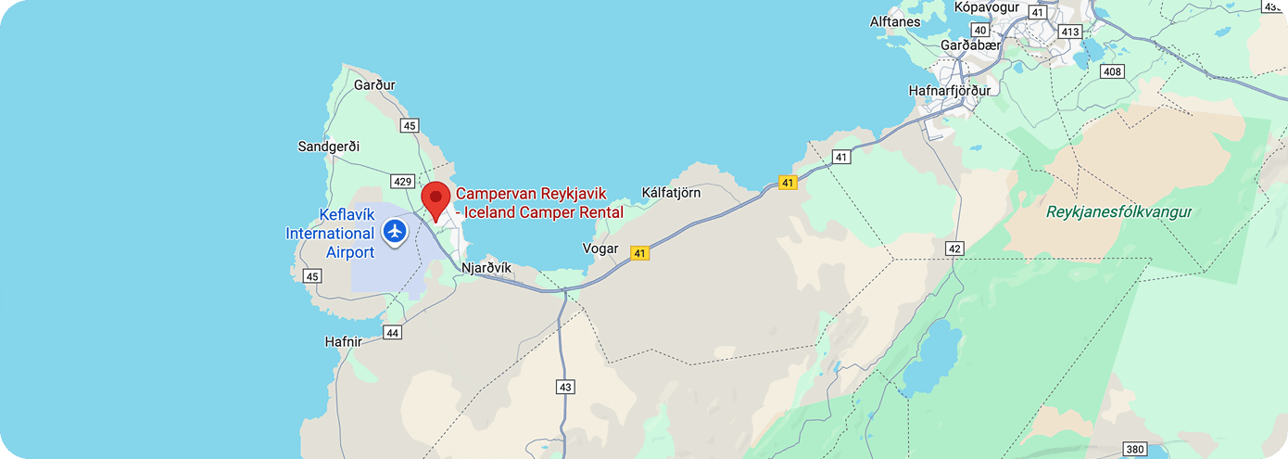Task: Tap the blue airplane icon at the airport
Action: (396, 230)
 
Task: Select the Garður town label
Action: (374, 85)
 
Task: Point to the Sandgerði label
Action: (328, 147)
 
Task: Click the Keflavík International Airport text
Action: (330, 233)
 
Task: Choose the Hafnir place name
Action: (343, 341)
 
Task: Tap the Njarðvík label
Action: (486, 268)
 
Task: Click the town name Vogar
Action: (600, 249)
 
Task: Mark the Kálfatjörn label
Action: (671, 193)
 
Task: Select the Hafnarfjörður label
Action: (950, 91)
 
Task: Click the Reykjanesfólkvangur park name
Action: (1118, 212)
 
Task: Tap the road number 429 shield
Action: (402, 183)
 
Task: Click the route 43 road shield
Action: (564, 387)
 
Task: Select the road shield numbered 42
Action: (954, 249)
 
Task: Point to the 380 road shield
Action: (1135, 450)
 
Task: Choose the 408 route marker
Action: (1113, 72)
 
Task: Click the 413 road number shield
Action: (1070, 32)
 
